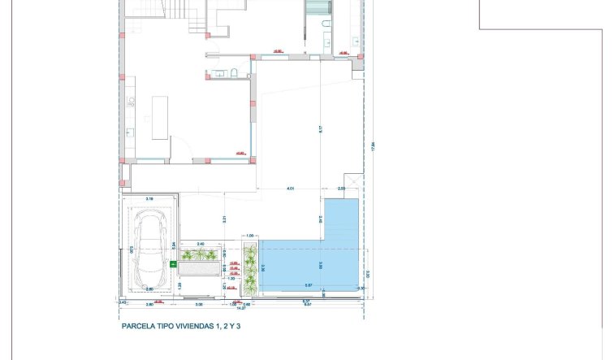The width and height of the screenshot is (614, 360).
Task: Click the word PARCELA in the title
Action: [139, 326]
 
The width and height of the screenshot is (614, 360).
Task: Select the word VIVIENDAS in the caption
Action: [189, 326]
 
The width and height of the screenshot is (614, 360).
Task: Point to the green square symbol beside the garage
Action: [173, 264]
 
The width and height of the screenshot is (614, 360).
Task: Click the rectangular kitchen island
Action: [160, 118]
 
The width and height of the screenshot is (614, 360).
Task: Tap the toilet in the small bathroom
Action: [233, 74]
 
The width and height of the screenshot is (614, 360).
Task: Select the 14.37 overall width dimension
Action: [240, 308]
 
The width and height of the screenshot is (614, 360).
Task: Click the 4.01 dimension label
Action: [290, 189]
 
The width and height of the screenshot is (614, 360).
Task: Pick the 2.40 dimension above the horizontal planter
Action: [200, 242]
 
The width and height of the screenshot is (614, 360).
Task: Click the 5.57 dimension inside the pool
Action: [309, 285]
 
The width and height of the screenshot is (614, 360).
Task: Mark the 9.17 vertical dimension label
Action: [321, 128]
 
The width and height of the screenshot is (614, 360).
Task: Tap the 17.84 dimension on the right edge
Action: [373, 146]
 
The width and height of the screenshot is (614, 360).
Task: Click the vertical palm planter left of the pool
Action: [250, 267]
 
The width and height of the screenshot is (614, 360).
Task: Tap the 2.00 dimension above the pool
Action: [341, 189]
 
